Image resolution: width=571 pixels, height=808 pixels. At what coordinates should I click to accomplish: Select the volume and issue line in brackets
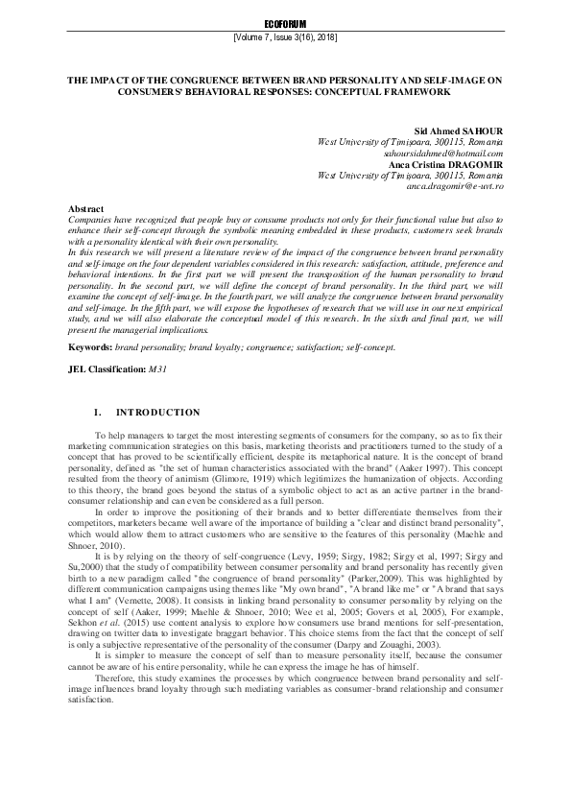[285, 37]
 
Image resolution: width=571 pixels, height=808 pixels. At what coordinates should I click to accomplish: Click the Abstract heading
[87, 209]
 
